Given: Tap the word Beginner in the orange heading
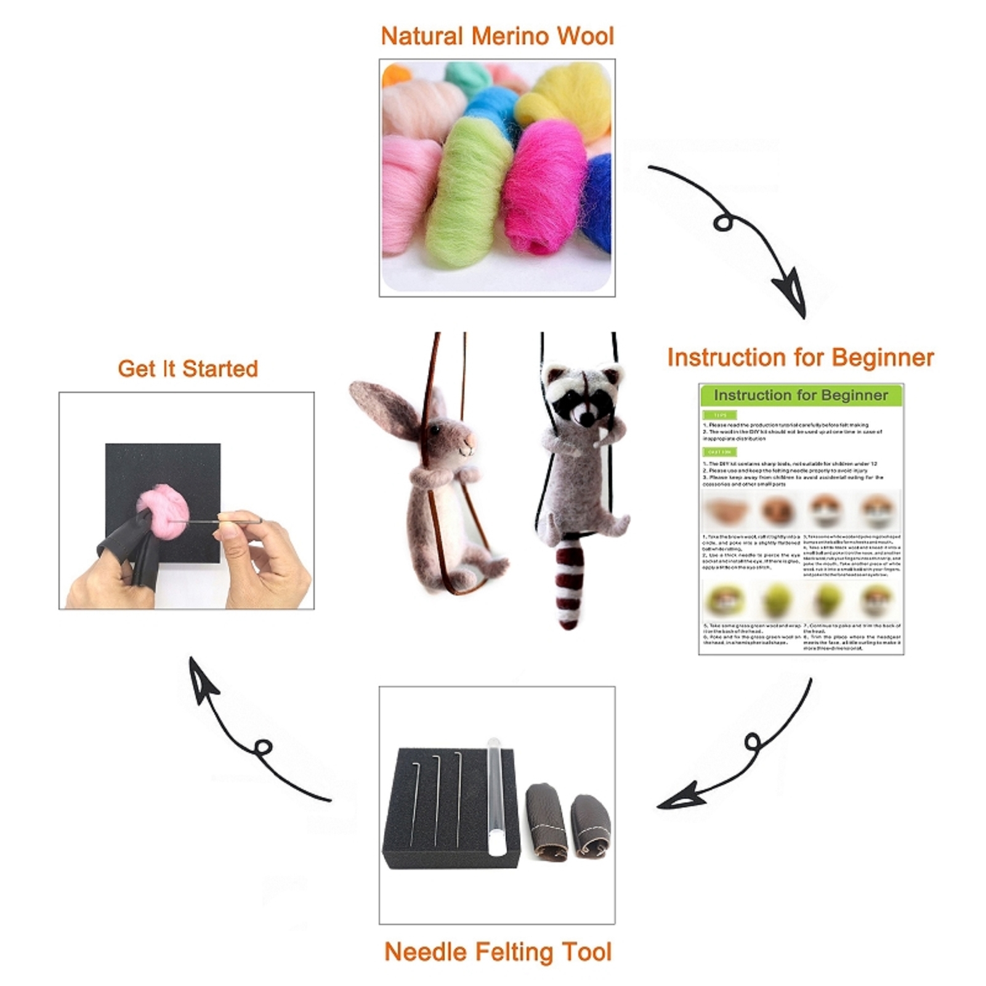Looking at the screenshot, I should click(883, 358).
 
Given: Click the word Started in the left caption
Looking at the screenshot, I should click(220, 369).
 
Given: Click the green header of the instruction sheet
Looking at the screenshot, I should click(801, 395).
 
